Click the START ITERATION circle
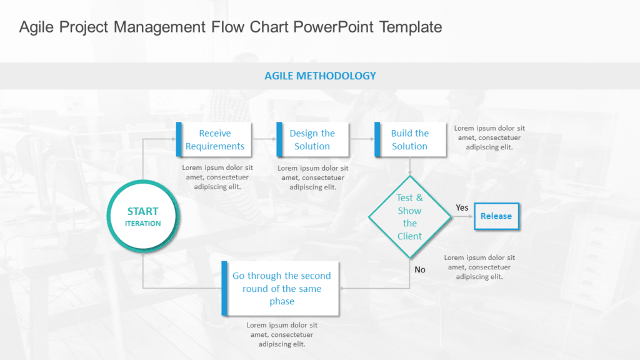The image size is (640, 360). (x=143, y=217)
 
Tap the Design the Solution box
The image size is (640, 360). (x=312, y=139)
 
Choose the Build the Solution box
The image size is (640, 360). (x=410, y=139)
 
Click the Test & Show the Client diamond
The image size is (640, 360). (x=409, y=217)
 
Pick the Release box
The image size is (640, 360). (x=496, y=216)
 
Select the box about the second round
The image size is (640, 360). (x=282, y=288)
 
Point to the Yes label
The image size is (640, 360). (x=462, y=207)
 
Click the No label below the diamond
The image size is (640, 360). (x=420, y=269)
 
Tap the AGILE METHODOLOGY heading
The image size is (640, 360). (x=320, y=76)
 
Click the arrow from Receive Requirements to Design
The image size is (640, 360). (x=264, y=139)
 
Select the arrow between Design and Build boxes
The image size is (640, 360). (x=361, y=139)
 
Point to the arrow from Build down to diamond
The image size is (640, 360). (x=409, y=166)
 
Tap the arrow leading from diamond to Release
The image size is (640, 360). (x=462, y=216)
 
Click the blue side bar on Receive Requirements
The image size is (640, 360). (x=179, y=139)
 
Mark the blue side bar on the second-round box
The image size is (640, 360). (x=224, y=288)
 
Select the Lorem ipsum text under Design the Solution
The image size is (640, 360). (x=313, y=177)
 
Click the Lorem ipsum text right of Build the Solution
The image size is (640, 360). (x=489, y=137)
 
